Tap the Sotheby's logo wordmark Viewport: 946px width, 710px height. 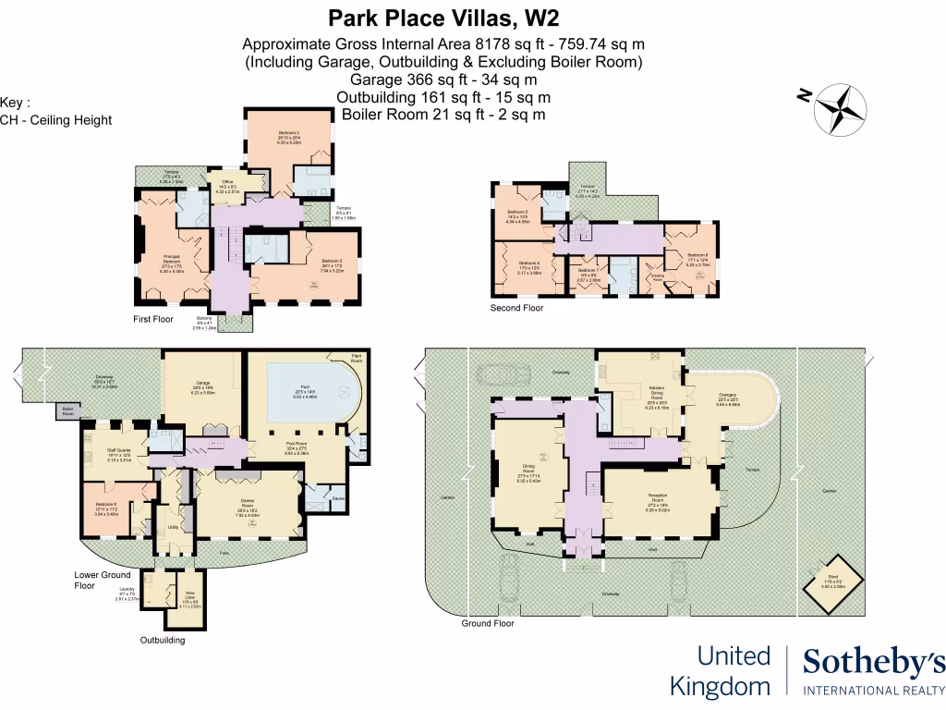point(873,663)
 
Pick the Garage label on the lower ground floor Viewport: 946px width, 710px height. point(202,389)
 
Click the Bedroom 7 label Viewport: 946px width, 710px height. point(587,273)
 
